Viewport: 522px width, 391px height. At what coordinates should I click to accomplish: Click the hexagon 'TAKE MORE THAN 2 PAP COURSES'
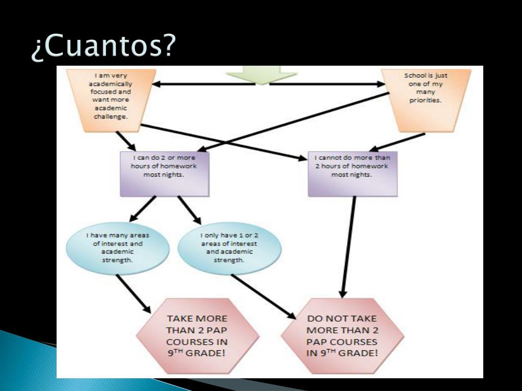(197, 336)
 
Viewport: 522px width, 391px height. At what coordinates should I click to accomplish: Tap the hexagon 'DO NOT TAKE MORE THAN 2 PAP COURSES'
(342, 336)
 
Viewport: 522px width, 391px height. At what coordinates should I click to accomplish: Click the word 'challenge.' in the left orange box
(111, 117)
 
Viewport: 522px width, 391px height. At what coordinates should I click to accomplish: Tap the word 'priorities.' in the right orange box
(426, 100)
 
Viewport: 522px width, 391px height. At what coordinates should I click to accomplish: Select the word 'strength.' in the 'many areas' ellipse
(117, 259)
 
